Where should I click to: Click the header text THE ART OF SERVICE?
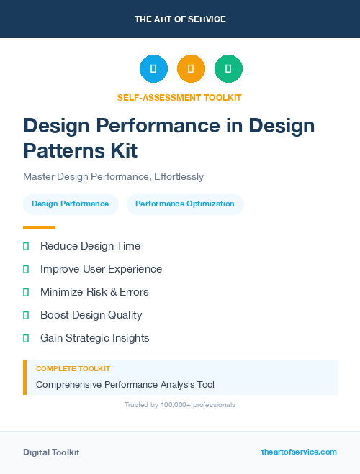pyautogui.click(x=180, y=19)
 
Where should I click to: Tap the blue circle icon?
pyautogui.click(x=153, y=69)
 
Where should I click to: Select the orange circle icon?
pyautogui.click(x=191, y=69)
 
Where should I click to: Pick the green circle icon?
pyautogui.click(x=228, y=69)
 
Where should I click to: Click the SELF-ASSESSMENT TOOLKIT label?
pyautogui.click(x=180, y=97)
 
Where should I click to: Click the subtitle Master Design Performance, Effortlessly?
pyautogui.click(x=113, y=176)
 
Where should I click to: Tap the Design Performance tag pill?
pyautogui.click(x=71, y=204)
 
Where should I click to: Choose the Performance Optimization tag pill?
pyautogui.click(x=185, y=204)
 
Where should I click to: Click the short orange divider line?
pyautogui.click(x=39, y=227)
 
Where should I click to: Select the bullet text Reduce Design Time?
pyautogui.click(x=90, y=246)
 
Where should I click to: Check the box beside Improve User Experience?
pyautogui.click(x=26, y=269)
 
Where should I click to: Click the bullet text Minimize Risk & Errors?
pyautogui.click(x=94, y=292)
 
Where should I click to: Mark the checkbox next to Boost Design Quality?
pyautogui.click(x=26, y=315)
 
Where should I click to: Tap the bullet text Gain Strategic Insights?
pyautogui.click(x=94, y=338)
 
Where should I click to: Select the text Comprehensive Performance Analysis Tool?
pyautogui.click(x=125, y=384)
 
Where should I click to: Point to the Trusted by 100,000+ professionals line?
pyautogui.click(x=180, y=405)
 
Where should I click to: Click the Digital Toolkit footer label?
pyautogui.click(x=51, y=452)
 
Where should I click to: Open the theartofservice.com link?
pyautogui.click(x=299, y=452)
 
